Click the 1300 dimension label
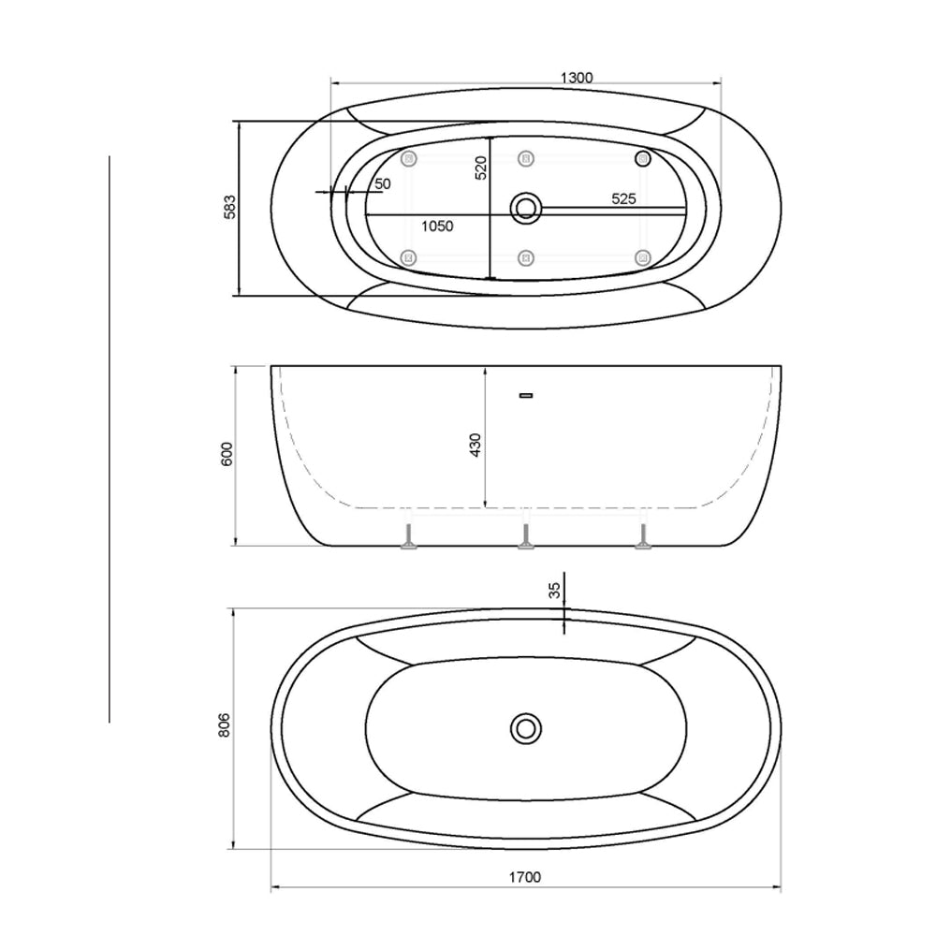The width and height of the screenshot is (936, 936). (x=577, y=78)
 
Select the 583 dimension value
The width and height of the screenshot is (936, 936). (x=230, y=207)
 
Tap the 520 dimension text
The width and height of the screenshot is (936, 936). (x=481, y=168)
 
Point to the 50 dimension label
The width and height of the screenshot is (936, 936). (x=383, y=183)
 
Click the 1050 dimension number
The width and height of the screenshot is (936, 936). (x=437, y=227)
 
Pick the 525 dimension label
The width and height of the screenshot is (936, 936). (x=623, y=198)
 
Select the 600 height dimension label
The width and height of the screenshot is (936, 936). (x=227, y=454)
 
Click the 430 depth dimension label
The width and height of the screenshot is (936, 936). (x=475, y=446)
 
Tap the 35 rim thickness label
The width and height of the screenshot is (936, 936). (x=555, y=591)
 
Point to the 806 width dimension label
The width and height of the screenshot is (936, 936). (x=224, y=724)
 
